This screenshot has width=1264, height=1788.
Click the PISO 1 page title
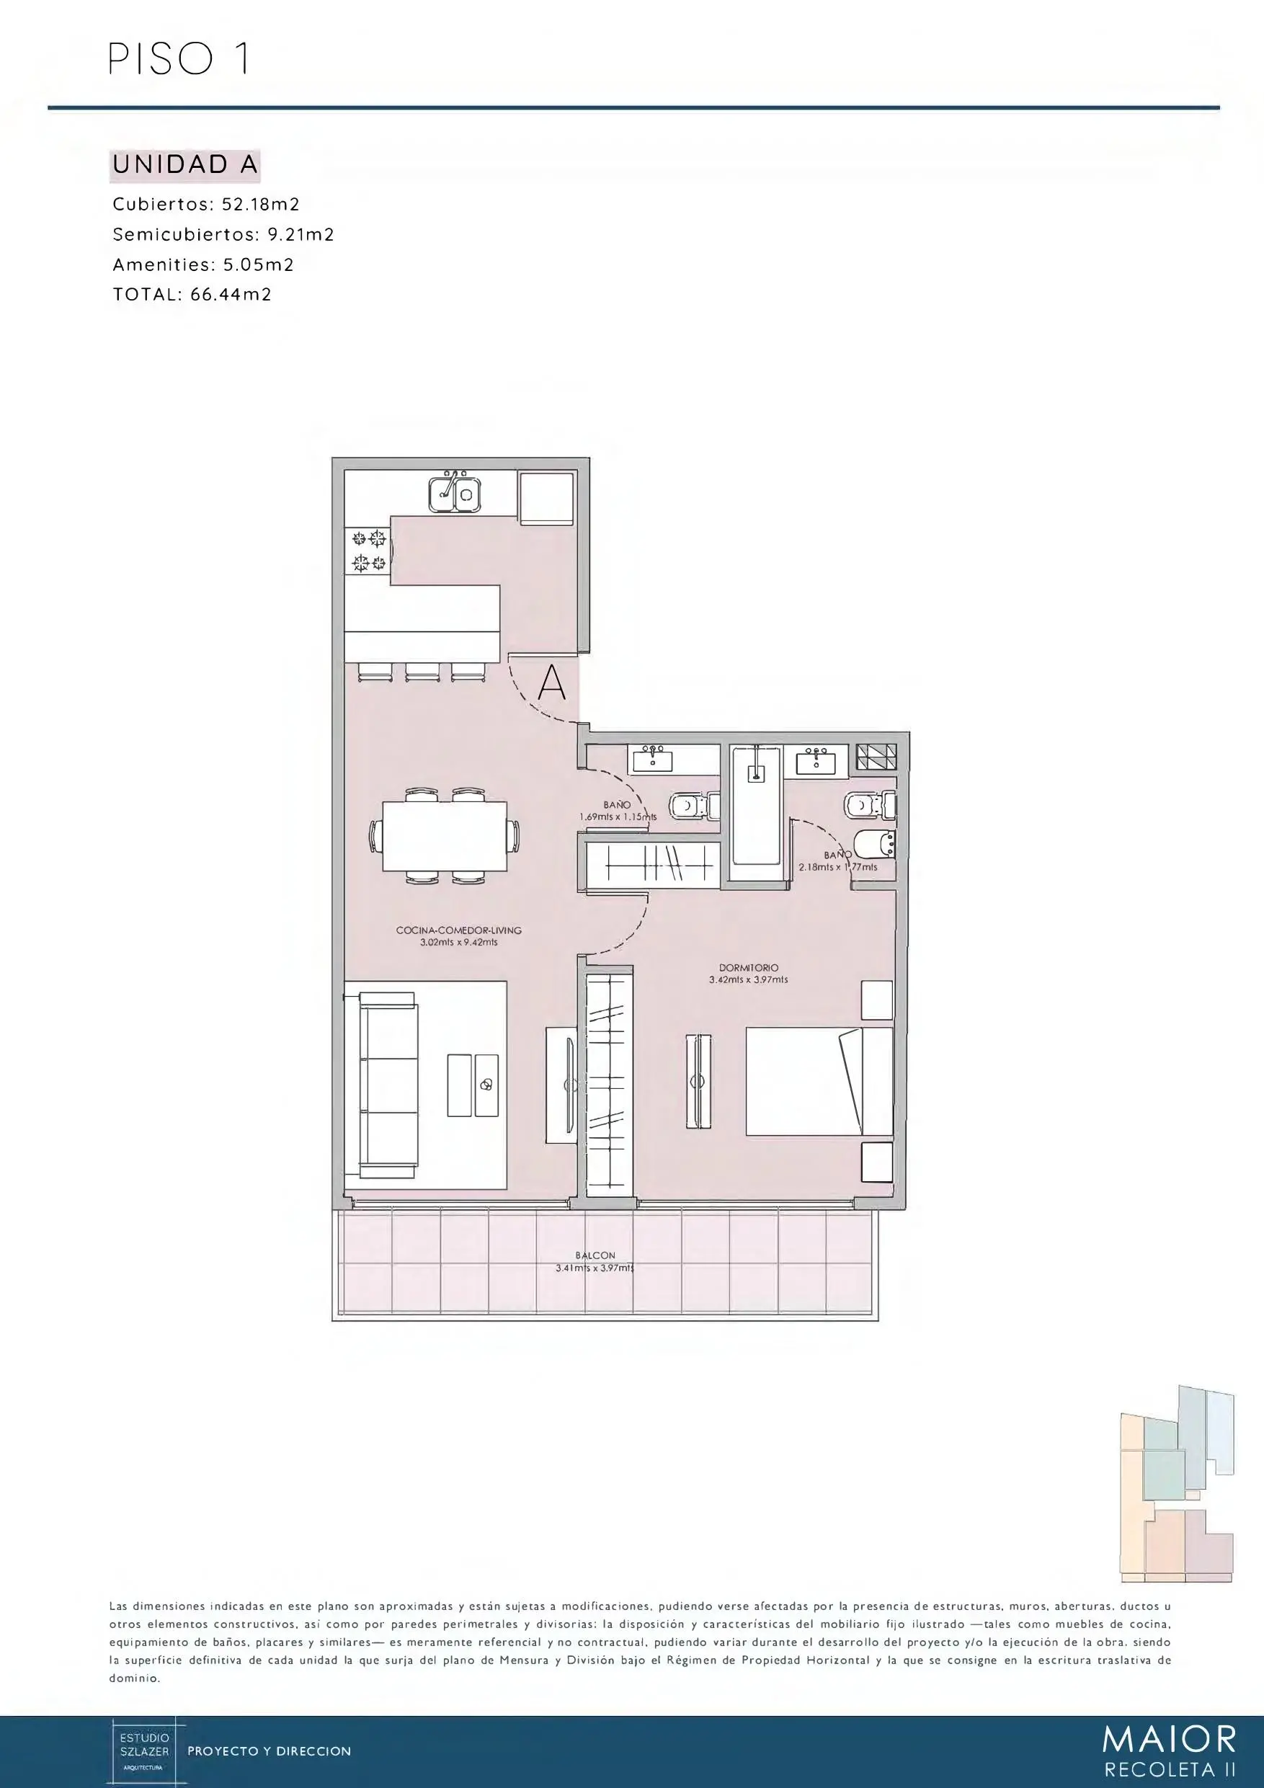pos(179,59)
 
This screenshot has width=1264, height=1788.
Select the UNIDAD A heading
pos(185,164)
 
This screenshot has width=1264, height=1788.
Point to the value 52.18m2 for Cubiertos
pos(261,204)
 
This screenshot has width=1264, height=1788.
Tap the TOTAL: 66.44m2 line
pos(192,294)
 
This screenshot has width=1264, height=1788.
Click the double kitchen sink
pos(455,494)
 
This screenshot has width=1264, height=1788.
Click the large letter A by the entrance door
pos(552,683)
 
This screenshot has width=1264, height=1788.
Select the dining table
pos(445,837)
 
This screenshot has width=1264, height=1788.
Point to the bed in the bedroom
pos(819,1082)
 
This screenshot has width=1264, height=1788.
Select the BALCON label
pos(596,1255)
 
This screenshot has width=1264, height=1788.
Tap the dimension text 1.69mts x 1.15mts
pos(618,817)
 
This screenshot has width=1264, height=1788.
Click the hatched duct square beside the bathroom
pos(876,757)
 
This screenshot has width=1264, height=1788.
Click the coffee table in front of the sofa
pos(473,1085)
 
